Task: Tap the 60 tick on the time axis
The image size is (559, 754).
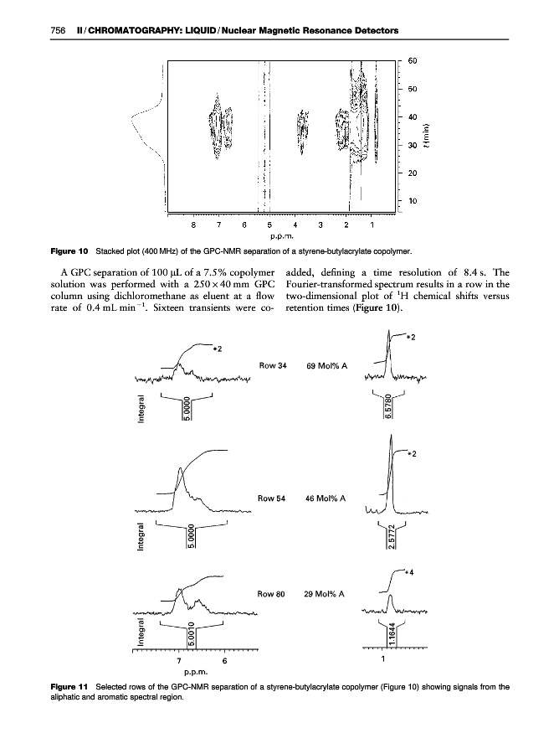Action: pyautogui.click(x=413, y=60)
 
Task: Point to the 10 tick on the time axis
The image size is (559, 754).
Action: pyautogui.click(x=413, y=202)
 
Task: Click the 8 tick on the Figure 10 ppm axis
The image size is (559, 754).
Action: pyautogui.click(x=193, y=224)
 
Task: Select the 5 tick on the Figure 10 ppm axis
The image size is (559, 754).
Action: pyautogui.click(x=269, y=224)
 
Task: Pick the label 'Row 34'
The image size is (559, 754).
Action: pyautogui.click(x=273, y=366)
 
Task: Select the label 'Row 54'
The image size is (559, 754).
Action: pyautogui.click(x=273, y=498)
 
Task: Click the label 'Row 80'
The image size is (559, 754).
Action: pyautogui.click(x=273, y=594)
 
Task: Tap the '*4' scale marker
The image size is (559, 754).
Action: pyautogui.click(x=410, y=572)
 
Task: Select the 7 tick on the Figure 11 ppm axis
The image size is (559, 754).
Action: pyautogui.click(x=179, y=660)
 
